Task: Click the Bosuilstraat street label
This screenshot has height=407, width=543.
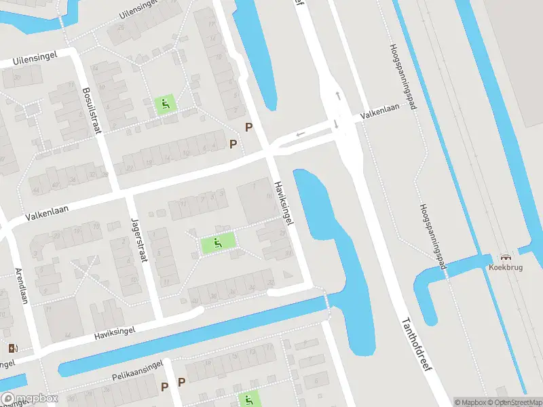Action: click(92, 110)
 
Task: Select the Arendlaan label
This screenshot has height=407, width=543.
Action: click(22, 286)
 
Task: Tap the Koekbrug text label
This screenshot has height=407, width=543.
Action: click(505, 267)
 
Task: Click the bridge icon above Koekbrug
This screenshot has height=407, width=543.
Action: click(505, 257)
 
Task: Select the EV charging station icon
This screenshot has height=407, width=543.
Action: click(13, 348)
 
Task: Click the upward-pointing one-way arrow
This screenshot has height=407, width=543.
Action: click(337, 96)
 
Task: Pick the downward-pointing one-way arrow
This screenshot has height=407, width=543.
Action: click(336, 123)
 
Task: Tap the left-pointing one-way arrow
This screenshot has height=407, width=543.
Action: click(301, 133)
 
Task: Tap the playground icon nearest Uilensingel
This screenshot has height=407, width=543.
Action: click(165, 104)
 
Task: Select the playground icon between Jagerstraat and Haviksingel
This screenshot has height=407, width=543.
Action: click(217, 242)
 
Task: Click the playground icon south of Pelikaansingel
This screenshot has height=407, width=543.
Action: click(248, 400)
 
